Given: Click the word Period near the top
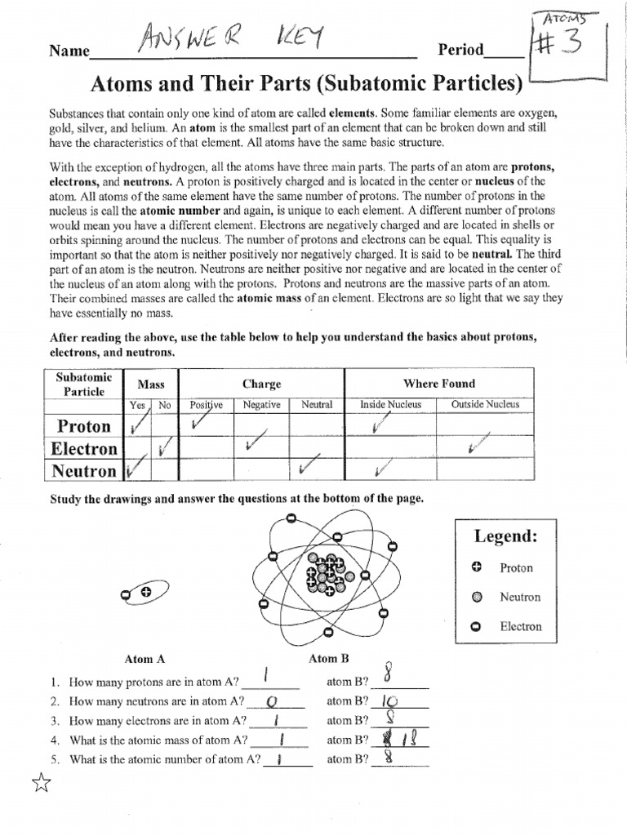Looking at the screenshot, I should pyautogui.click(x=461, y=50).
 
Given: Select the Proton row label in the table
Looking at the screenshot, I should pyautogui.click(x=82, y=425).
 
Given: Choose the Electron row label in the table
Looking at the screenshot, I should pyautogui.click(x=83, y=448).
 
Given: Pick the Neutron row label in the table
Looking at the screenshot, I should pyautogui.click(x=83, y=470).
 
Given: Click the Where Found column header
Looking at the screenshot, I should pyautogui.click(x=438, y=384).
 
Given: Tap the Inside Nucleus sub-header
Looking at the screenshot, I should pyautogui.click(x=390, y=405).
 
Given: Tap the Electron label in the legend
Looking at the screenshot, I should pyautogui.click(x=520, y=626).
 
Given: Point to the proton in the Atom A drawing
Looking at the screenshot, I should pyautogui.click(x=146, y=592).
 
